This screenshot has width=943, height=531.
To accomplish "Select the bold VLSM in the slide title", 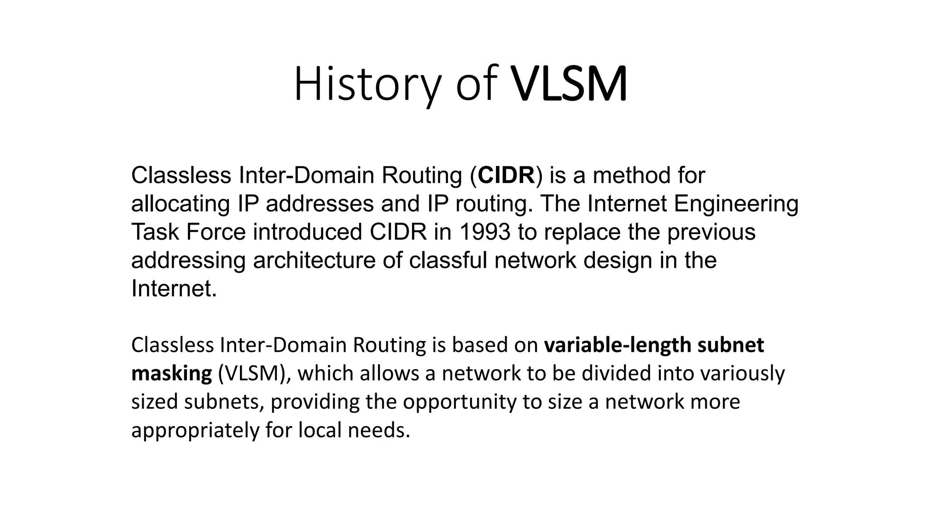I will click(569, 85).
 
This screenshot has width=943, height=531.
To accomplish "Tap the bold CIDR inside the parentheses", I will click(506, 176).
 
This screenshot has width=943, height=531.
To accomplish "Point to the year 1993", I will click(484, 232).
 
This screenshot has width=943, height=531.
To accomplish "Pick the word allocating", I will click(180, 204).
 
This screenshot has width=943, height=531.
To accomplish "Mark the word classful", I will click(448, 261).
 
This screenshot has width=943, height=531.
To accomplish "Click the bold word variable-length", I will click(617, 345).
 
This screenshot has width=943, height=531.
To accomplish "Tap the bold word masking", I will click(171, 374).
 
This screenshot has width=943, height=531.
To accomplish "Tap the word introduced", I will click(307, 232).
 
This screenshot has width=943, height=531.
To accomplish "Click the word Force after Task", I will click(216, 232).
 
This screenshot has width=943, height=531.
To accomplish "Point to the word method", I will click(632, 176).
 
